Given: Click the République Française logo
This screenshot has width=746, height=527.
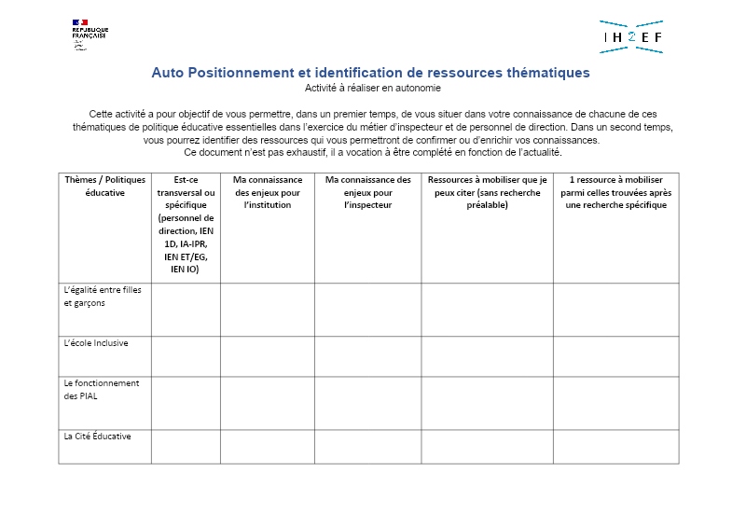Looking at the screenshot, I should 89,34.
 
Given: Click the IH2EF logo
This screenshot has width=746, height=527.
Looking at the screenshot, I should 631,36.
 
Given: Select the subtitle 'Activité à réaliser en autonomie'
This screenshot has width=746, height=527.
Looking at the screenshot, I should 372,88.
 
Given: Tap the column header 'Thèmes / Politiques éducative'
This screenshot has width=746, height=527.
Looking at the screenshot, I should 104,186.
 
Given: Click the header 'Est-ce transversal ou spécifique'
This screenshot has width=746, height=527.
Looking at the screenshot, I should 186,224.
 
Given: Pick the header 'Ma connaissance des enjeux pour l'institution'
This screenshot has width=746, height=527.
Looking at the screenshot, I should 268,192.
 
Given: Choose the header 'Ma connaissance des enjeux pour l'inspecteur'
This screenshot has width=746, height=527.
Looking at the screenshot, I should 367,192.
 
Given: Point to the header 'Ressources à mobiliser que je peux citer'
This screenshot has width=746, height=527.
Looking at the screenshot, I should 487,192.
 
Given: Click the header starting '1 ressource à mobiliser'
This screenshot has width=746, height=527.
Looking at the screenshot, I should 615,192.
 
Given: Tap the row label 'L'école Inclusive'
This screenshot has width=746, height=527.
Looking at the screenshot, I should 96,343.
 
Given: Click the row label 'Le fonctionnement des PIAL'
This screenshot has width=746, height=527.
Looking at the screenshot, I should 101,389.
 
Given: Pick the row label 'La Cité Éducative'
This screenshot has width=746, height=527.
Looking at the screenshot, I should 97,437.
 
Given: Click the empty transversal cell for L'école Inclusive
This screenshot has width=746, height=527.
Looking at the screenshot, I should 186,356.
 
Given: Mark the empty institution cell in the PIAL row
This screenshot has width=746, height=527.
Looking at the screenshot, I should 268,403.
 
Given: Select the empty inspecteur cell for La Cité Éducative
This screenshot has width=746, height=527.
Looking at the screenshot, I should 367,446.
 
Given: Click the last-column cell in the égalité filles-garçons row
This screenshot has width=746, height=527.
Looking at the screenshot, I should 615,310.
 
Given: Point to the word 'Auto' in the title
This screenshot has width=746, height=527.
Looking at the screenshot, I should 168,73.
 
